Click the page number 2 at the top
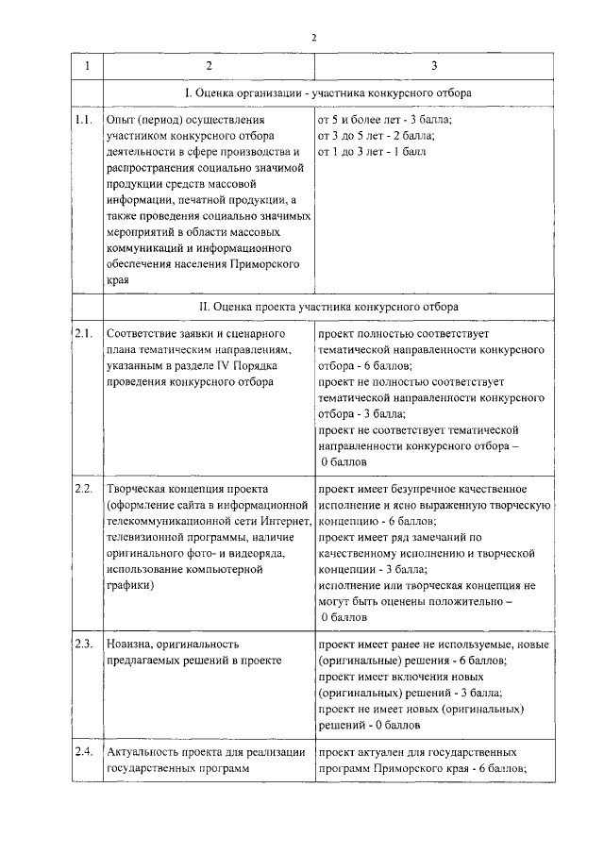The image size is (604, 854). tap(315, 37)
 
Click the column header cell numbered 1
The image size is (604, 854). tap(87, 66)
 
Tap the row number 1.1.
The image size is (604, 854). tap(83, 120)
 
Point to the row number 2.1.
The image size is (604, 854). tap(83, 334)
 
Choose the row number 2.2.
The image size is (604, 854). tap(83, 488)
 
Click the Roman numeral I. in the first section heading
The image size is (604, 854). tap(188, 93)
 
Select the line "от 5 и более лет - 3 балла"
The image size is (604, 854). tap(385, 120)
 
